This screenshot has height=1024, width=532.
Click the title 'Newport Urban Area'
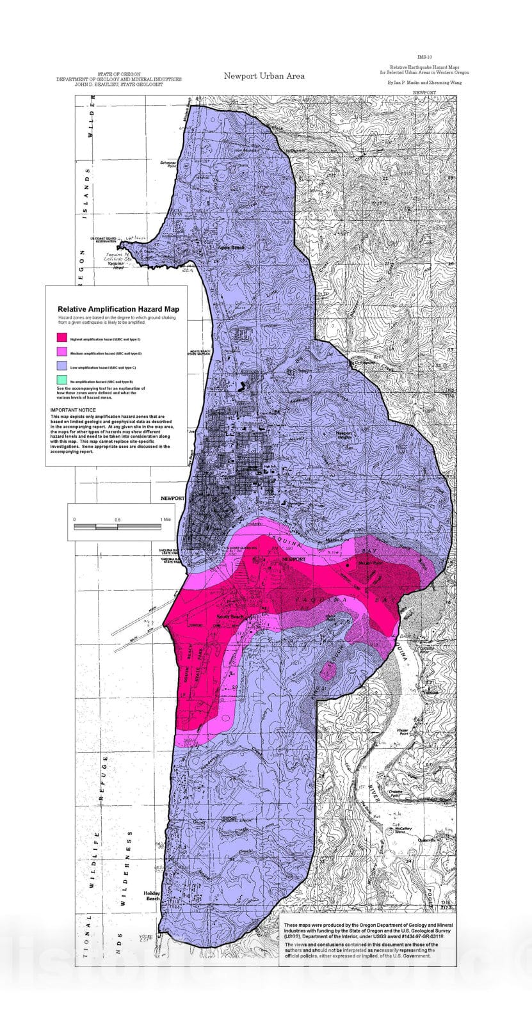(x=264, y=76)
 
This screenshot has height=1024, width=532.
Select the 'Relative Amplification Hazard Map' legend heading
(x=118, y=308)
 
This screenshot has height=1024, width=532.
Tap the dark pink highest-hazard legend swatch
(x=62, y=337)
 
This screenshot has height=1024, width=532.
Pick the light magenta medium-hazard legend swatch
(x=62, y=352)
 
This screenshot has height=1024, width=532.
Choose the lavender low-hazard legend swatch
(x=62, y=367)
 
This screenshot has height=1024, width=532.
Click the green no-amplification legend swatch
(x=62, y=381)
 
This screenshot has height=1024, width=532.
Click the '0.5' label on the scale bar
(x=117, y=519)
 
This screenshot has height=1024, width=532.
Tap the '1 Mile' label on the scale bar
(x=165, y=519)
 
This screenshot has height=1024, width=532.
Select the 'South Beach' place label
(x=231, y=616)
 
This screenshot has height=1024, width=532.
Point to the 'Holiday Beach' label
(x=152, y=895)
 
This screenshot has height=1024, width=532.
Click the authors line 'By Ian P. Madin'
(x=424, y=83)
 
